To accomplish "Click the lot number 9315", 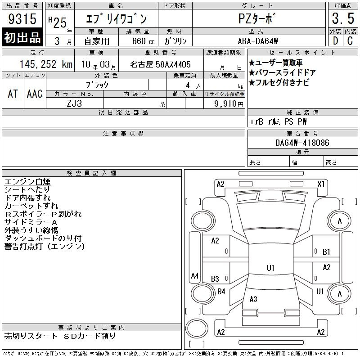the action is click(x=22, y=18).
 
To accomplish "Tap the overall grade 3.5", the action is click(x=343, y=18).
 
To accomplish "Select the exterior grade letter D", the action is click(x=335, y=41).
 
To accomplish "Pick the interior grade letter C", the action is click(x=350, y=41).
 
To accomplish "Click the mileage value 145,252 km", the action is click(x=46, y=64).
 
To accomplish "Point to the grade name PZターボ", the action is click(x=256, y=18).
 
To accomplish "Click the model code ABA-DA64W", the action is click(x=258, y=41).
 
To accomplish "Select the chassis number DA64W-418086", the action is click(x=302, y=143).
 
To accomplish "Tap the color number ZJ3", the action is click(x=74, y=103).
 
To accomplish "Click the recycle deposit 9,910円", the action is click(x=229, y=104).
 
